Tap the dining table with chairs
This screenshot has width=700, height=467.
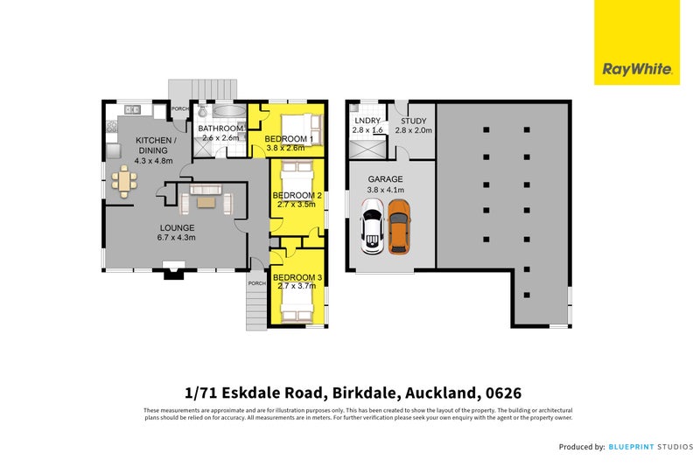(123, 183)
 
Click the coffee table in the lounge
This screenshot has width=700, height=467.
(206, 203)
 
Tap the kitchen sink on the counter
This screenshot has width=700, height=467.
(133, 110)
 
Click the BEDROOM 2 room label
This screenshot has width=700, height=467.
(297, 195)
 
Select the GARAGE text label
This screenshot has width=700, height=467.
(385, 178)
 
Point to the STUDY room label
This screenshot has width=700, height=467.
(413, 121)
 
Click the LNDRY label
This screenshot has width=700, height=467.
(367, 121)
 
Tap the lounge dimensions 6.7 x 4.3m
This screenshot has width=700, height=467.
(175, 237)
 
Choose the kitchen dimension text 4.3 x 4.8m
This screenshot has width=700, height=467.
(154, 161)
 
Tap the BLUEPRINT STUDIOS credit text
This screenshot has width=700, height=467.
(647, 447)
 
